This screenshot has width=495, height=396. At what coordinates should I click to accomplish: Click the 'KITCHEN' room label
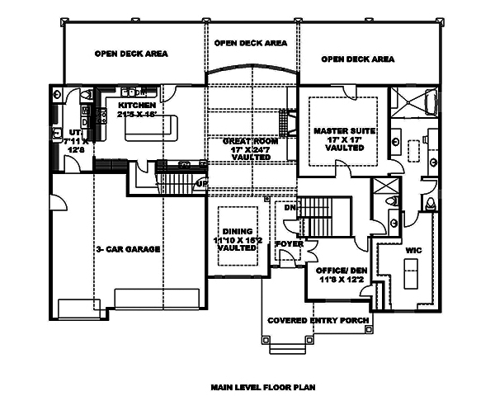click(138, 106)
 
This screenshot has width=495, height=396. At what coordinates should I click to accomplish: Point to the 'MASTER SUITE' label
click(345, 130)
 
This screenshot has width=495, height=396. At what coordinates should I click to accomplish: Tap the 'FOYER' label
click(288, 243)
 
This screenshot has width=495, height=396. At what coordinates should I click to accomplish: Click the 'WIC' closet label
click(414, 247)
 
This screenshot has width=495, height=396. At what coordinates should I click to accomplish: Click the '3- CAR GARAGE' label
click(127, 248)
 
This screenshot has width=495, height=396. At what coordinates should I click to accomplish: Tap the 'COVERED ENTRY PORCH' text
click(318, 320)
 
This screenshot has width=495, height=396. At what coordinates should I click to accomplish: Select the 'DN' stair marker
click(290, 209)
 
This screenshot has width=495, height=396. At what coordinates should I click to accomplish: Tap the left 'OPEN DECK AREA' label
click(131, 54)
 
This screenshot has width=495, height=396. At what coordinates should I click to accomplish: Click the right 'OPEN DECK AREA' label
click(357, 59)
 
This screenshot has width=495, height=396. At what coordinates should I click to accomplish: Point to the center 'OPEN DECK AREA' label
click(251, 42)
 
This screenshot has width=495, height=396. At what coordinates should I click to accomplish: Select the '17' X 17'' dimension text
click(345, 141)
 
